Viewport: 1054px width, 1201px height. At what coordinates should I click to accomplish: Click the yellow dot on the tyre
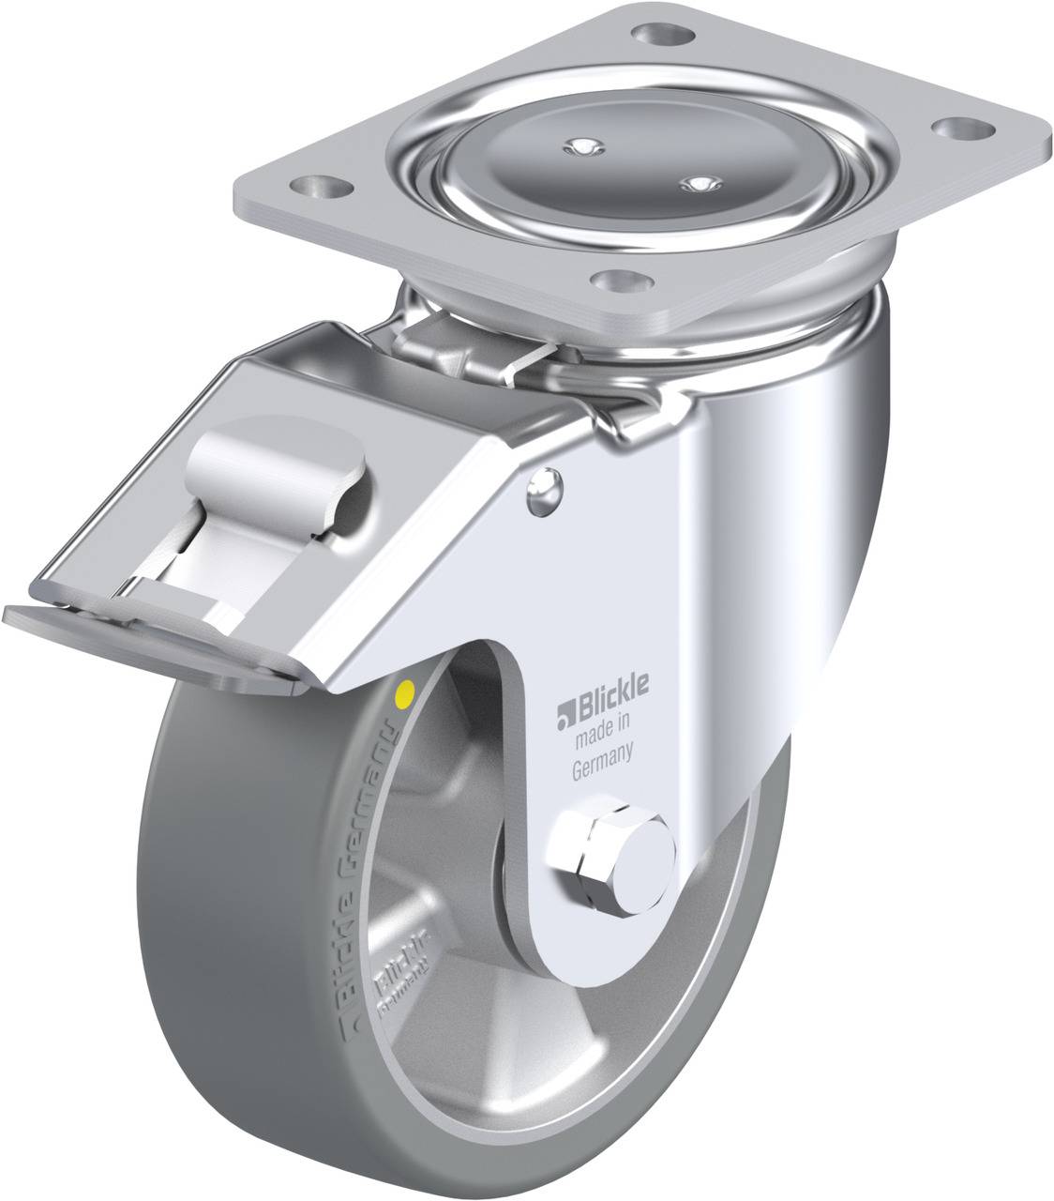click(x=406, y=695)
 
